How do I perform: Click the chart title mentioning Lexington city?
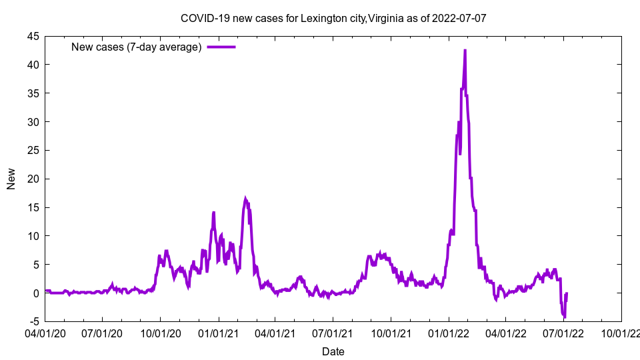pos(333,17)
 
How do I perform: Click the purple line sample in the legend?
pos(221,47)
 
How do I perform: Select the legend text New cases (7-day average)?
pos(136,47)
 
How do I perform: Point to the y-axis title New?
pos(11,179)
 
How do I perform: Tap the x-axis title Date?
pos(333,351)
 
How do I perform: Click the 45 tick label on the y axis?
pos(33,36)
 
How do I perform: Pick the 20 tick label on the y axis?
pos(33,179)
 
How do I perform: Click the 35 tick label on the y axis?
pos(33,93)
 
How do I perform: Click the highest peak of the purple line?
pos(465,51)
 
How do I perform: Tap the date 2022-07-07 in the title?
pos(461,17)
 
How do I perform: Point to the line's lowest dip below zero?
pos(564,317)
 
